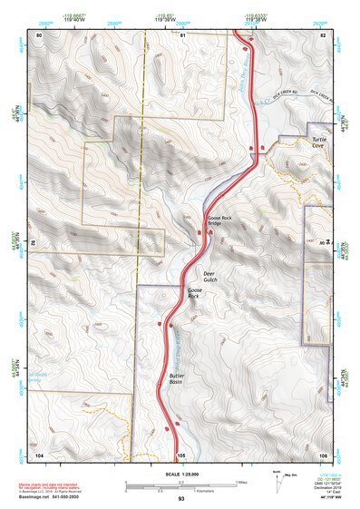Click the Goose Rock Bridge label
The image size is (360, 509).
click(220, 220)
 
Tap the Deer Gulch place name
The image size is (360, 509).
click(209, 277)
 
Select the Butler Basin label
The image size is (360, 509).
click(178, 378)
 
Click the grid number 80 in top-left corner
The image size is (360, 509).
click(39, 35)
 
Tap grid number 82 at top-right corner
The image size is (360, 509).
click(323, 35)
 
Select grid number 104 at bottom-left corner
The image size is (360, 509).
click(39, 454)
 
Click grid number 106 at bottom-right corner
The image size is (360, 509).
click(323, 454)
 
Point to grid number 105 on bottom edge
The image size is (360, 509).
click(181, 454)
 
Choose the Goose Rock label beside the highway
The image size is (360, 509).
click(193, 293)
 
